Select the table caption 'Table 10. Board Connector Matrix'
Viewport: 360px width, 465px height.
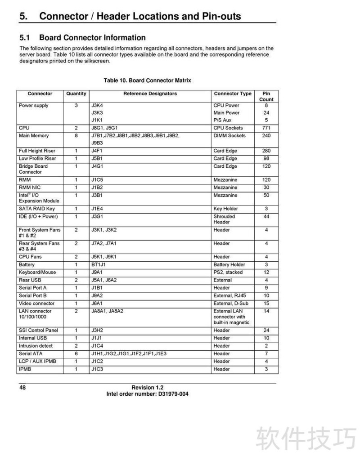click(147, 80)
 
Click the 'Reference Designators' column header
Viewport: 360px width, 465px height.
click(150, 94)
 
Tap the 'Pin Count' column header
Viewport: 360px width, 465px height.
click(266, 97)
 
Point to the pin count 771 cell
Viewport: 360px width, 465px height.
click(266, 128)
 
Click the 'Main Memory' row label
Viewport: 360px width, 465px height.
click(34, 136)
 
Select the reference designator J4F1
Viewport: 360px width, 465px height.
click(97, 151)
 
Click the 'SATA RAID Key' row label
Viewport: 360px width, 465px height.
click(37, 209)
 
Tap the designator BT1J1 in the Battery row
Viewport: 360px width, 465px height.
click(98, 265)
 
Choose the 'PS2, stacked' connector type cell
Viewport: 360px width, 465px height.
click(228, 273)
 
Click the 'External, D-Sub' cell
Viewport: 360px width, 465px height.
click(231, 304)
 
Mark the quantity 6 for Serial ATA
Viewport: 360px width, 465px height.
click(76, 354)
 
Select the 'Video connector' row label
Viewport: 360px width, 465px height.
click(36, 304)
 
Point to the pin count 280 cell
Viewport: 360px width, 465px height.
click(266, 151)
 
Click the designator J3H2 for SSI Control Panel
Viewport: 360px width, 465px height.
click(97, 331)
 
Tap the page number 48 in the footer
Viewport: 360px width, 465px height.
click(22, 388)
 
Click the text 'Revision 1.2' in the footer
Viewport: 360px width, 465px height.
click(147, 388)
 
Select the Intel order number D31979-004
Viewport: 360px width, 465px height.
click(173, 394)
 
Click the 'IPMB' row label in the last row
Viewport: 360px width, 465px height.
click(25, 369)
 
